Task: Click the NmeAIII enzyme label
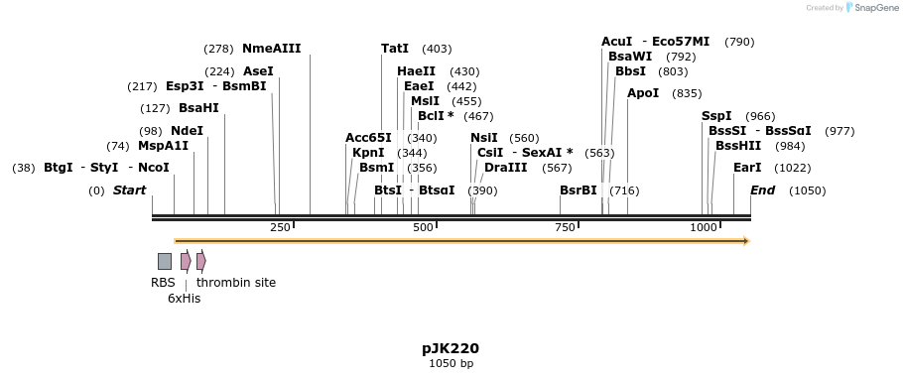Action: coord(271,49)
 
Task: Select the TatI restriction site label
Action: coord(394,49)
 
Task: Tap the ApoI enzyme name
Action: coord(643,93)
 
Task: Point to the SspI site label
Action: coord(716,116)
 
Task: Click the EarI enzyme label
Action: coord(747,168)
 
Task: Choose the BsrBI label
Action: coord(579,190)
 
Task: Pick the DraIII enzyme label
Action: coord(505,168)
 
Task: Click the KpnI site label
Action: coord(368,153)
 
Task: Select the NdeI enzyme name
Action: coord(187,131)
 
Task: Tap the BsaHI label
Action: coord(198,108)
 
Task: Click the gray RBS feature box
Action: coord(164,261)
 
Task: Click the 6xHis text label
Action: coord(184,298)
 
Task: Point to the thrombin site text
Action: coord(236,283)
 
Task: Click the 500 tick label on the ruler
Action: coord(424,227)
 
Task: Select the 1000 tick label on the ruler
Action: coord(704,227)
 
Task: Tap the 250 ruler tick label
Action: coord(280,227)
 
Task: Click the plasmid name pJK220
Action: coord(451,348)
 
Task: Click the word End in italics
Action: coord(762,190)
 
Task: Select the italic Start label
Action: coord(129,190)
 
